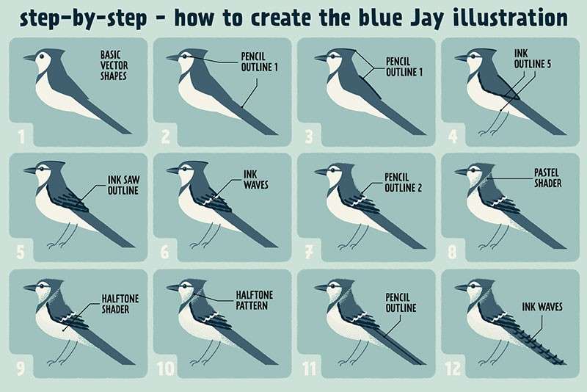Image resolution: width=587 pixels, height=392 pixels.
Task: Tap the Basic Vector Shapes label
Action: tap(114, 65)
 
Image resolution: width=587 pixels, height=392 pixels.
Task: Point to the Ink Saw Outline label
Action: tap(123, 185)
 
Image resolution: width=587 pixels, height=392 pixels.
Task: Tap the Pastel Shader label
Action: tap(547, 178)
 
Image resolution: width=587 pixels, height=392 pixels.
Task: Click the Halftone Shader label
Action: tap(120, 304)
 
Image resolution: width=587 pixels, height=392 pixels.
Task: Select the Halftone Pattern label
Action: tap(254, 300)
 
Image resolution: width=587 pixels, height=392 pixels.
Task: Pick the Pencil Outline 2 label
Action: tap(403, 182)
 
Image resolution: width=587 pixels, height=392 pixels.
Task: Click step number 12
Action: tap(453, 369)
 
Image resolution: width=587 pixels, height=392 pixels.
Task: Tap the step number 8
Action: tap(452, 252)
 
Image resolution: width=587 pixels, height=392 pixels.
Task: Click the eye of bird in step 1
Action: tap(43, 57)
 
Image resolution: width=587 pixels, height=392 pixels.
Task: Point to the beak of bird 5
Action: tap(30, 170)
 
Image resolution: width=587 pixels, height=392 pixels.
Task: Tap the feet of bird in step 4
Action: tap(488, 132)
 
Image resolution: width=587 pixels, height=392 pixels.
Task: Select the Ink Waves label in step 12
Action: tap(542, 307)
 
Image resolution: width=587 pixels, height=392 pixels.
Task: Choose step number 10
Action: tap(166, 369)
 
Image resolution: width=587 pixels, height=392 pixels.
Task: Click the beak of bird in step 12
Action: tap(462, 288)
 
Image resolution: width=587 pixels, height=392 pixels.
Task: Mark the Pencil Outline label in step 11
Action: tap(401, 302)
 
